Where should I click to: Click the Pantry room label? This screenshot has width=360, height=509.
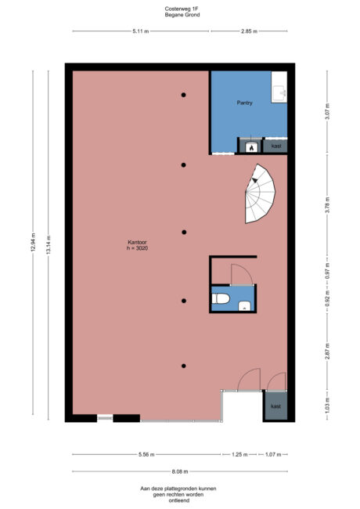[x=244, y=103]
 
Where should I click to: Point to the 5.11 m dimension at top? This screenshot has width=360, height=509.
[x=140, y=31]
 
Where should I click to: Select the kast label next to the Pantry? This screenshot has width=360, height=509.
[x=276, y=146]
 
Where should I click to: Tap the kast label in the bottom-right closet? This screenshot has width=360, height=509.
[x=275, y=406]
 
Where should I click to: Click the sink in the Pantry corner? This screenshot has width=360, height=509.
[x=279, y=92]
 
